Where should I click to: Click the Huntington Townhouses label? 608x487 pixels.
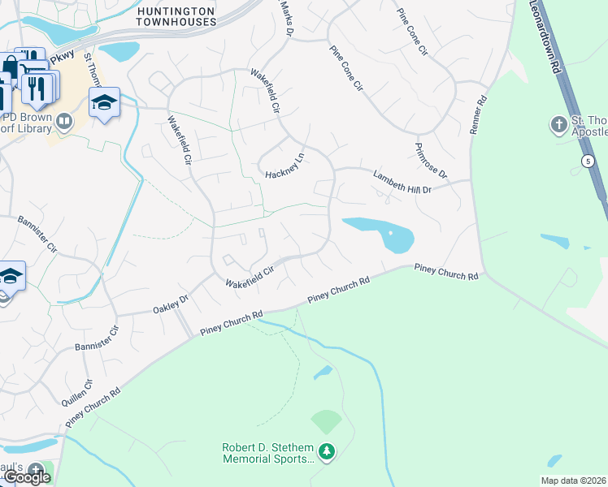[x=177, y=15]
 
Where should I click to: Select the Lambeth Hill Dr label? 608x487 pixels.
[x=402, y=181]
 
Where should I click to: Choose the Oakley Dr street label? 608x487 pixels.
[x=171, y=304]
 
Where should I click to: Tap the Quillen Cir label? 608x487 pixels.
[x=78, y=393]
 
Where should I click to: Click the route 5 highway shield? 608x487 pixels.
[x=587, y=162]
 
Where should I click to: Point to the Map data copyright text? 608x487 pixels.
[x=573, y=481]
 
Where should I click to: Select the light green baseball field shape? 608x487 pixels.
[x=326, y=421]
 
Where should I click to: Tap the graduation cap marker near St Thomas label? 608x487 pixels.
[x=104, y=103]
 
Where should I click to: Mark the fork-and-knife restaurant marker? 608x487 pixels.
[x=37, y=86]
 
